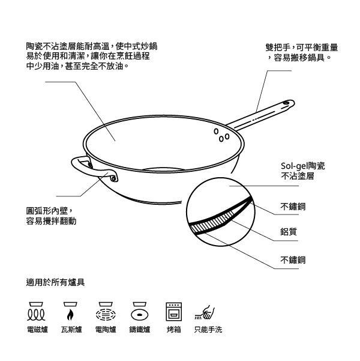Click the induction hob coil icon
pyautogui.click(x=36, y=312)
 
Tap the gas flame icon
pyautogui.click(x=70, y=312)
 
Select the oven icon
pyautogui.click(x=174, y=312)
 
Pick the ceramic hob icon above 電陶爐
pyautogui.click(x=106, y=312)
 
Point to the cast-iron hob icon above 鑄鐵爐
pyautogui.click(x=140, y=312)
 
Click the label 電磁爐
pyautogui.click(x=37, y=330)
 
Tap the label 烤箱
pyautogui.click(x=174, y=330)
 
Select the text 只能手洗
pyautogui.click(x=208, y=330)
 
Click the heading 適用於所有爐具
pyautogui.click(x=55, y=282)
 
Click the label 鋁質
pyautogui.click(x=289, y=232)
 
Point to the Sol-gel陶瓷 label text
pyautogui.click(x=303, y=166)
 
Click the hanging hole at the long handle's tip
pyautogui.click(x=286, y=103)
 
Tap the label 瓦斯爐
pyautogui.click(x=71, y=330)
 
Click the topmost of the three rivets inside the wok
pyautogui.click(x=216, y=131)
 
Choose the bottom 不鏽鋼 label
pyautogui.click(x=293, y=260)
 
